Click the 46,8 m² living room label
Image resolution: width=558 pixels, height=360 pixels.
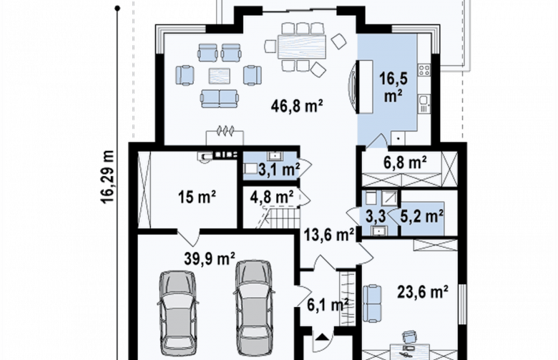[x=297, y=106]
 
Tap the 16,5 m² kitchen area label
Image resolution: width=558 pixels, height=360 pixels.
[x=393, y=87]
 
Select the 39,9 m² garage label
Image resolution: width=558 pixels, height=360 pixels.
[x=210, y=258]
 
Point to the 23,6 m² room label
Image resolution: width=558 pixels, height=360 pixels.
[x=422, y=292]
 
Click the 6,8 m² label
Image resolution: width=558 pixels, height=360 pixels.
[x=406, y=162]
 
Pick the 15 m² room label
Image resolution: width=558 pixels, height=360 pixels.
[x=197, y=197]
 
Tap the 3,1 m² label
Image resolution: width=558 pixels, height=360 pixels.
[x=279, y=170]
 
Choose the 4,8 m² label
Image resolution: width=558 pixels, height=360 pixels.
[x=272, y=196]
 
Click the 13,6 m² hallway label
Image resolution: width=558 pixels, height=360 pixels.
[x=329, y=235]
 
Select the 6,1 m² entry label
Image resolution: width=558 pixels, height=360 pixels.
[x=328, y=305]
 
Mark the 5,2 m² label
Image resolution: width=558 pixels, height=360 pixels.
[x=422, y=216]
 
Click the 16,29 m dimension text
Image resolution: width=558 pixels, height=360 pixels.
[x=107, y=177]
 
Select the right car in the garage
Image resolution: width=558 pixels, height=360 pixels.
[x=255, y=308]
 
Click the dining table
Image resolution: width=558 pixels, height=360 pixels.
[x=302, y=47]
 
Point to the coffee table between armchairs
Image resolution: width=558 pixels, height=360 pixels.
[x=219, y=76]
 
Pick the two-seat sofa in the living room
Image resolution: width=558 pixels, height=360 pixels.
[x=219, y=99]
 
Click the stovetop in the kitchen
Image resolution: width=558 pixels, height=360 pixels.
[x=424, y=69]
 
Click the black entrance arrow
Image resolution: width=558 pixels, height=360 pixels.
[x=323, y=336]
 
